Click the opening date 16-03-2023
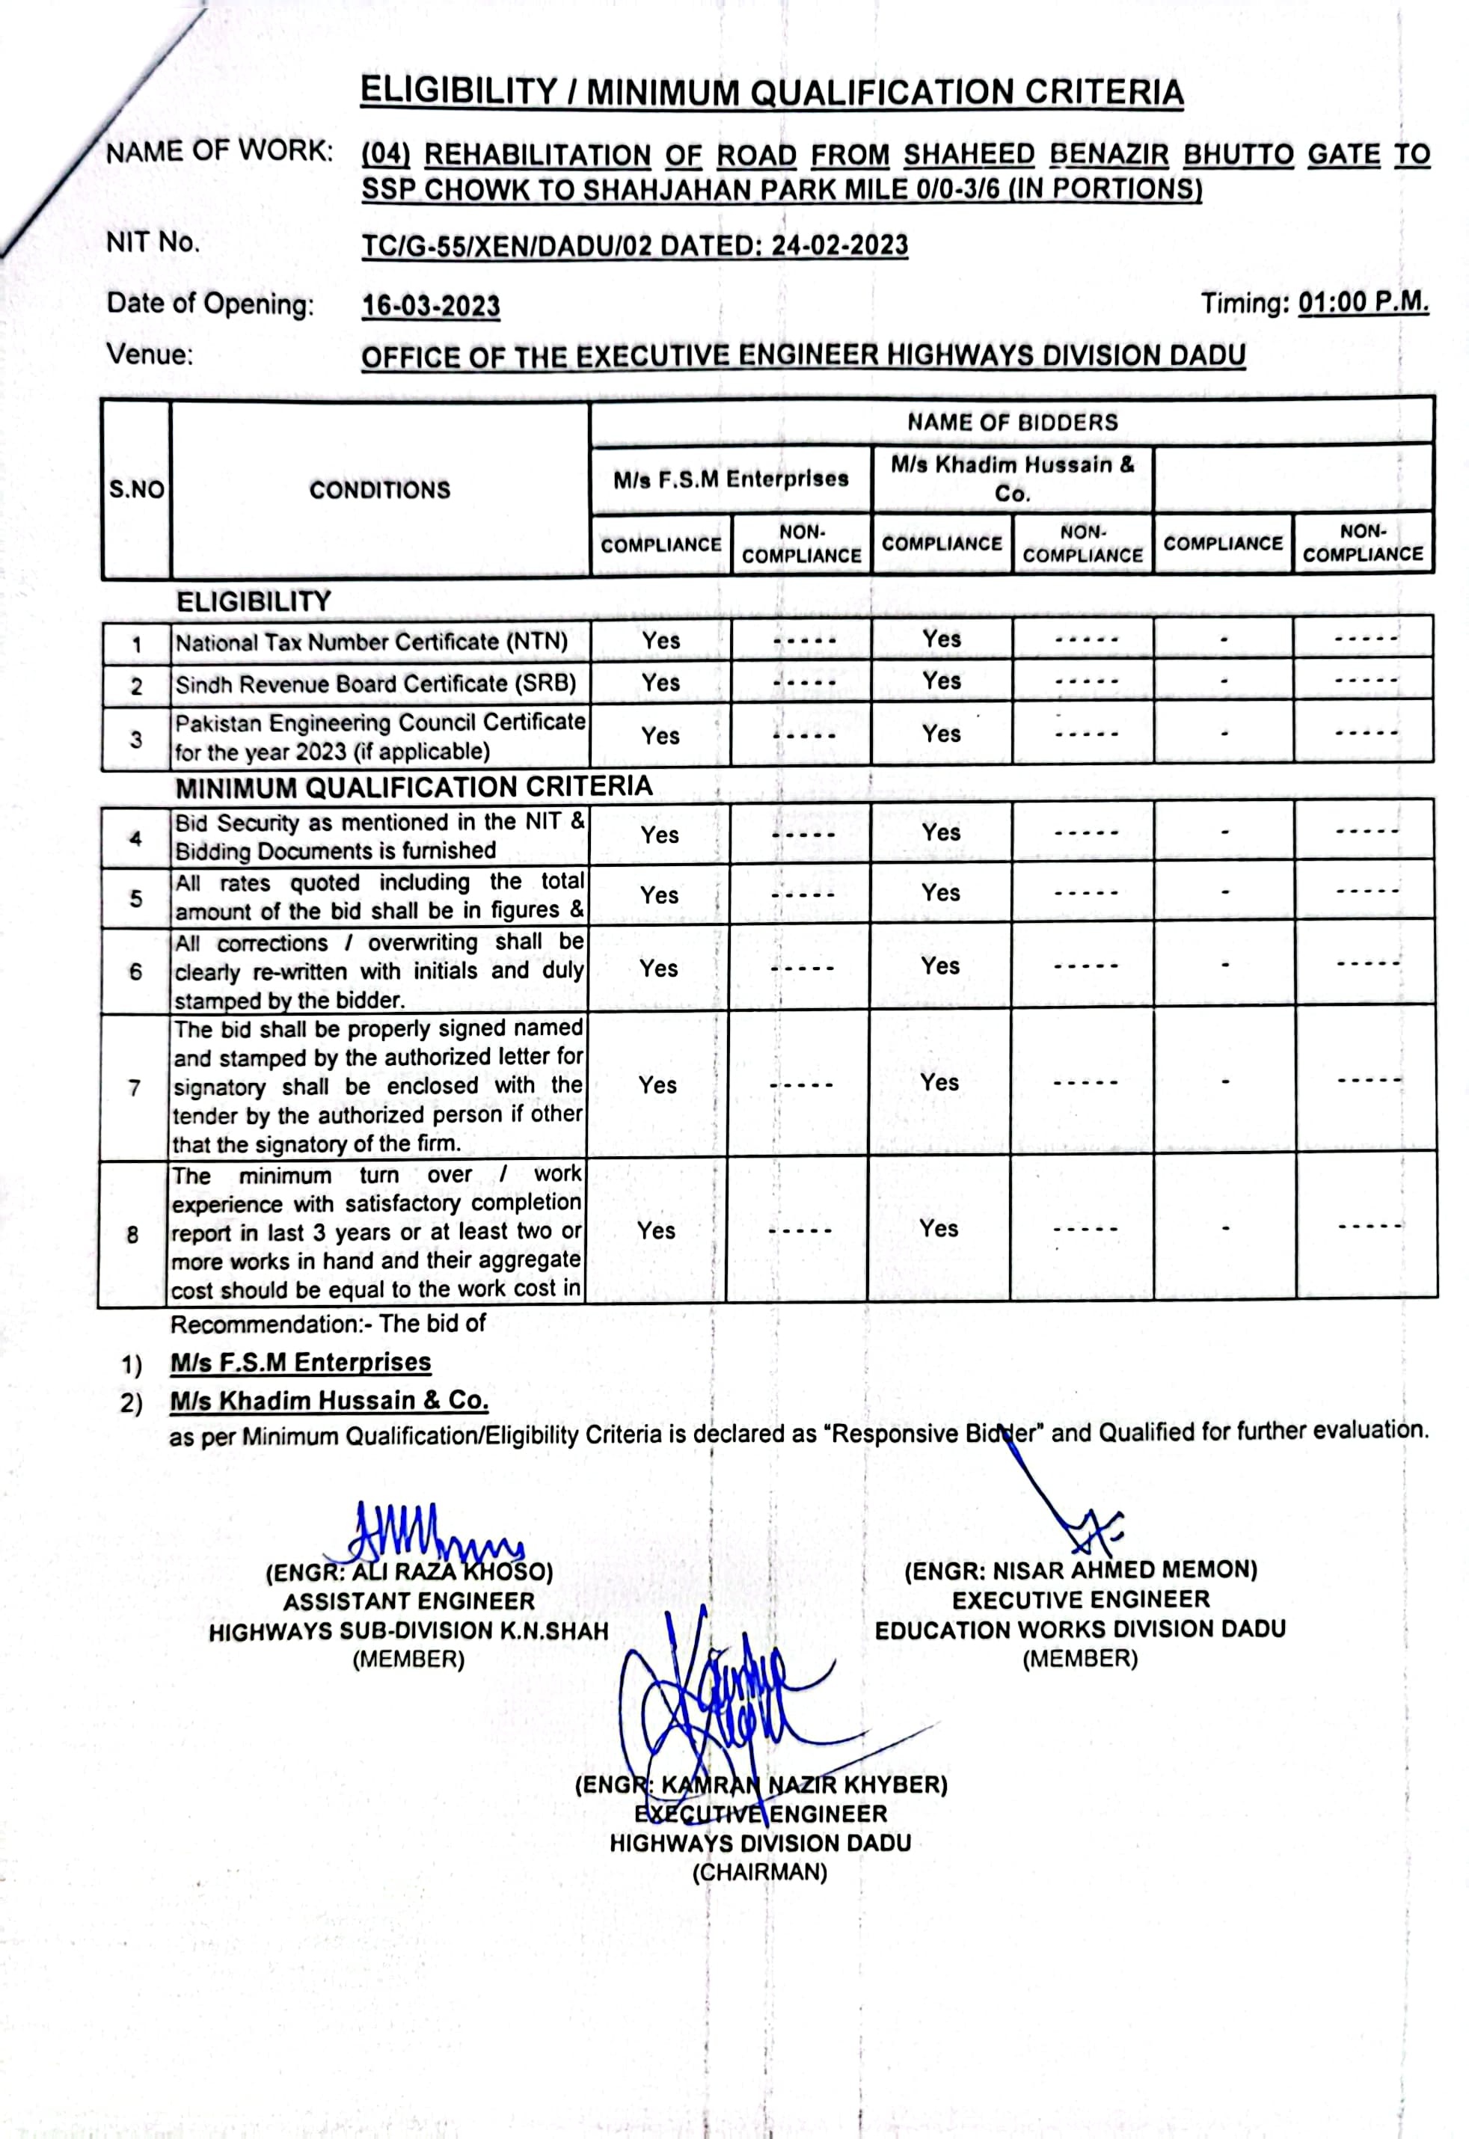(x=430, y=306)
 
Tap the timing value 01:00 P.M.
(x=1362, y=303)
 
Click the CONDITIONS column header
(x=379, y=490)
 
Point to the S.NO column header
(x=136, y=490)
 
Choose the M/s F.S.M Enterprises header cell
(x=731, y=479)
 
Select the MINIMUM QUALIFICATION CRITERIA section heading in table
(x=414, y=788)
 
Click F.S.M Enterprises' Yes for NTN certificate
(x=661, y=641)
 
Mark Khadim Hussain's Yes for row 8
(x=939, y=1229)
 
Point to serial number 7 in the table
(x=135, y=1088)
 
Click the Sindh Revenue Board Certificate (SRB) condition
(x=375, y=684)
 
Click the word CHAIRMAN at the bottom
(x=759, y=1872)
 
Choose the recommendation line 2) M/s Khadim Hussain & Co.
(x=328, y=1401)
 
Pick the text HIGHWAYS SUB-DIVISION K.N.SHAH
(x=408, y=1632)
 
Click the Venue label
(x=150, y=355)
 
